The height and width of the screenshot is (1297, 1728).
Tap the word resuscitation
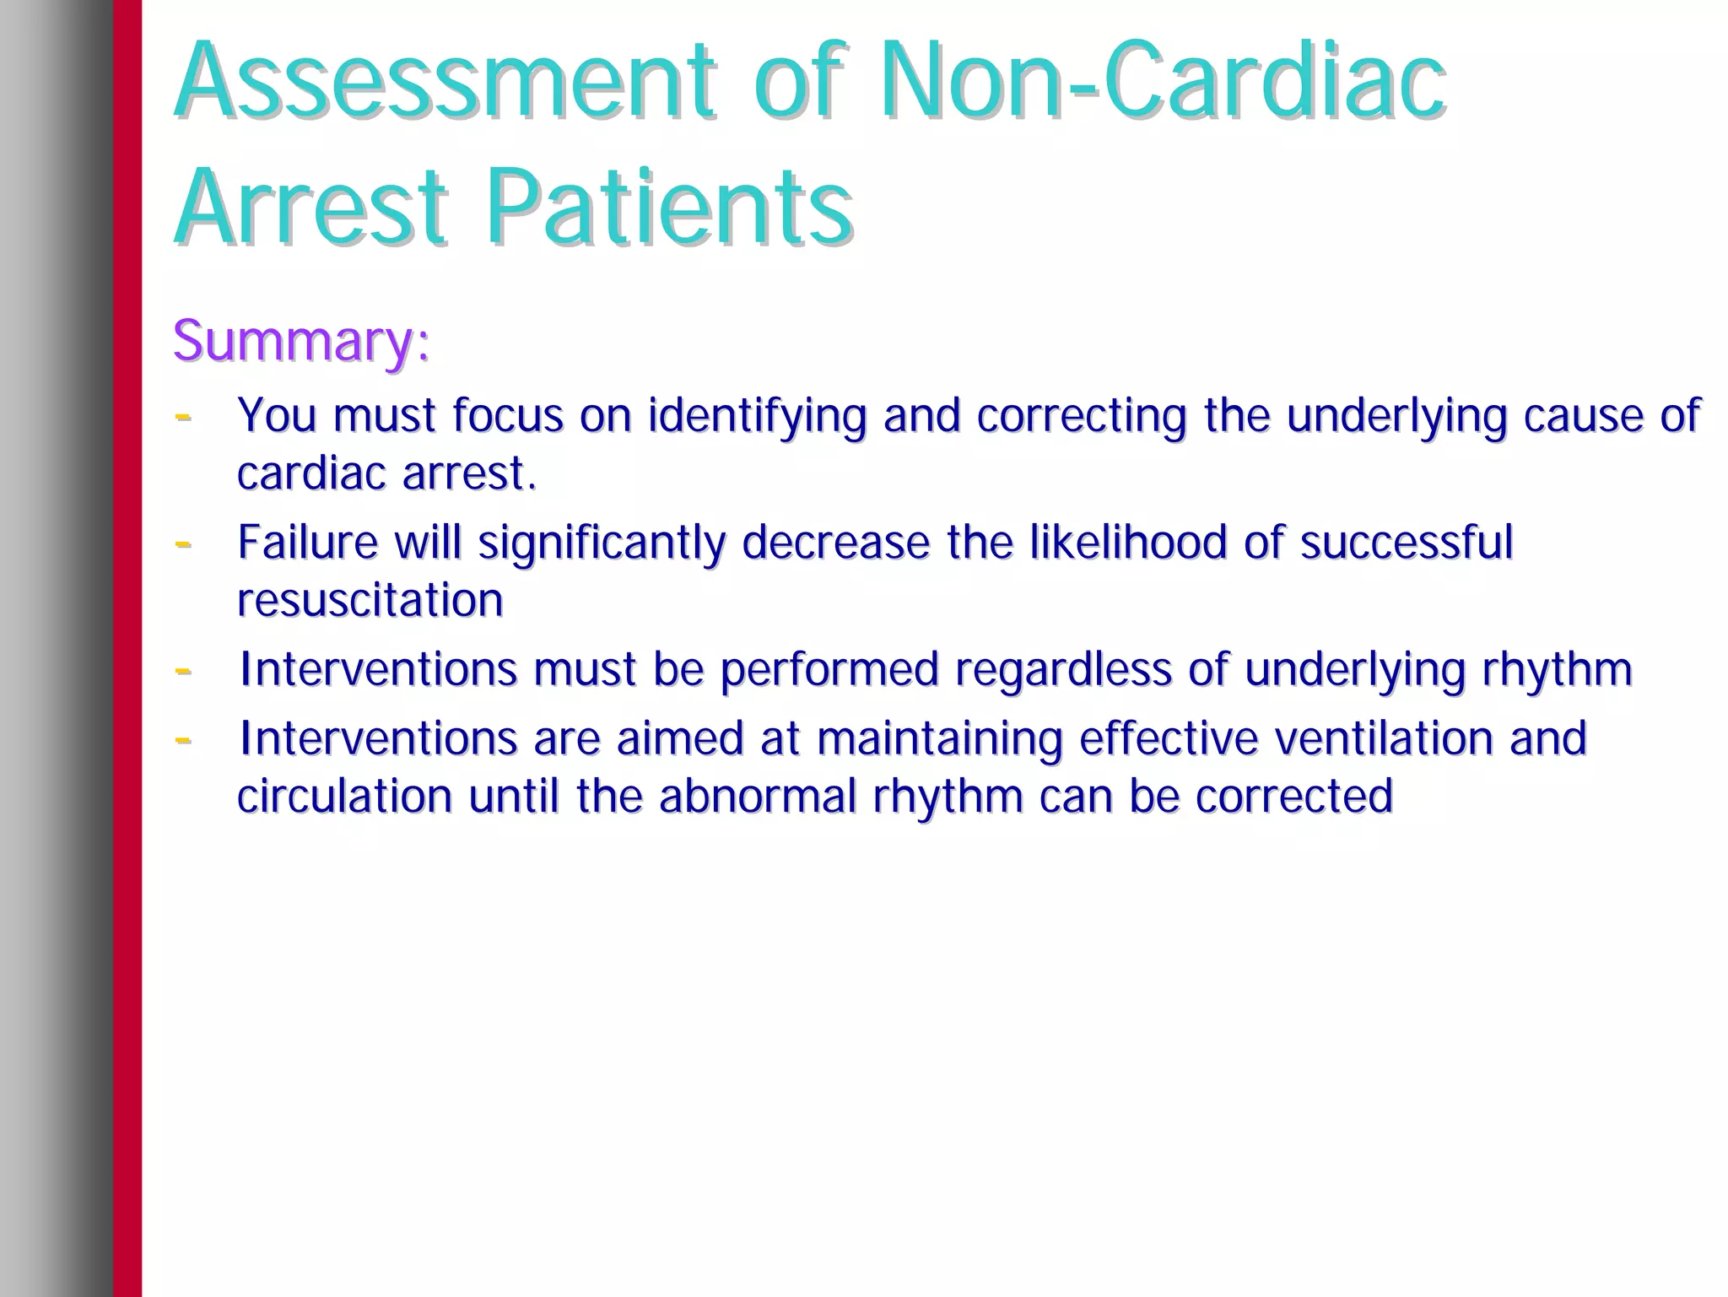(x=370, y=600)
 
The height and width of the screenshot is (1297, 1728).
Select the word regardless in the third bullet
(x=1063, y=670)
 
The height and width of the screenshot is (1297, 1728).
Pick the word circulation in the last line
(x=344, y=796)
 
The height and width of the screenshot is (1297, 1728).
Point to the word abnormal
(x=758, y=796)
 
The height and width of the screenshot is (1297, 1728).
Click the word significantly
(x=602, y=543)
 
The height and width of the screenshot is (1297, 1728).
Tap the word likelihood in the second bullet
(x=1128, y=542)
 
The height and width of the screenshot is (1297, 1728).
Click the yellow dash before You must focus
(x=182, y=416)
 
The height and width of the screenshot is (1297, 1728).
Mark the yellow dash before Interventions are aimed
(x=182, y=739)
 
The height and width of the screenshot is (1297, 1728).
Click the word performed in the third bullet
(x=829, y=670)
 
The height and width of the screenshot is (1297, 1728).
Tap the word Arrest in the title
(x=310, y=207)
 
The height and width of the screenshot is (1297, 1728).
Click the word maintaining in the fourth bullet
(x=939, y=739)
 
